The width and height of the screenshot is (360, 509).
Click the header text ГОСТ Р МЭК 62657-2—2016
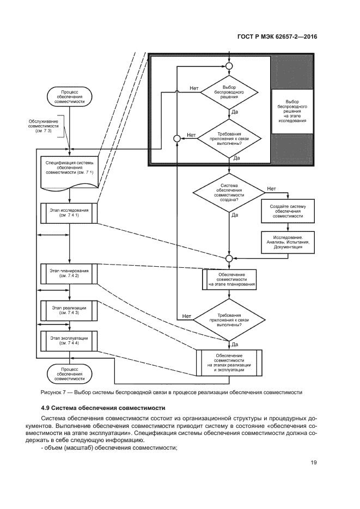point(277,37)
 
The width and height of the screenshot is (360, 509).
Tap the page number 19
point(314,463)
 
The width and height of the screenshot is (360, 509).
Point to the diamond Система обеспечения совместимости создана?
point(229,193)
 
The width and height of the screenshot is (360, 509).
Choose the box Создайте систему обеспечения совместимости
point(288,211)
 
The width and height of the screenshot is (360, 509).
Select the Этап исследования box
point(69,212)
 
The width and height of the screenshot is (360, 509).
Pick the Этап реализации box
point(69,310)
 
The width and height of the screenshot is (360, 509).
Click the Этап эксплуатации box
point(69,340)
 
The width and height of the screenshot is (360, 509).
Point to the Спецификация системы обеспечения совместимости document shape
point(69,170)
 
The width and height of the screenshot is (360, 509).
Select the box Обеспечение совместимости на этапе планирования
point(229,279)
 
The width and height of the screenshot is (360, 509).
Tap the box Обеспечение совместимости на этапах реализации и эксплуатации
point(229,362)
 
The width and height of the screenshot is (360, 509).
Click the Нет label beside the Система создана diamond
point(271,189)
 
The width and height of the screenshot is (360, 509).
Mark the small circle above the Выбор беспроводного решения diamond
point(229,66)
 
